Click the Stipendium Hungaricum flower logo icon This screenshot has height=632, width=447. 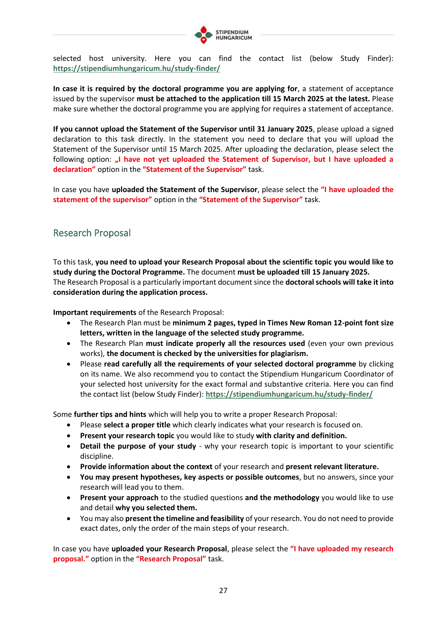[x=204, y=35]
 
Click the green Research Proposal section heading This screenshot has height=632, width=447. [x=92, y=233]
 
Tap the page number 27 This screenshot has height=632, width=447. [x=223, y=590]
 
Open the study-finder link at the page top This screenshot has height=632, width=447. [x=137, y=68]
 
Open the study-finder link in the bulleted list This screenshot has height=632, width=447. [x=289, y=394]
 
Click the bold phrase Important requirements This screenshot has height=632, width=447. [x=95, y=312]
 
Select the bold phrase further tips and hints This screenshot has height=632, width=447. [x=110, y=414]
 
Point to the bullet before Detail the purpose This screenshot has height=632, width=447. [x=69, y=446]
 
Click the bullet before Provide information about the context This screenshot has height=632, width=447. [x=69, y=467]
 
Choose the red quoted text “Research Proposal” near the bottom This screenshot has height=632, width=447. [x=171, y=559]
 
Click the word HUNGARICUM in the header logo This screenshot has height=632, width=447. [x=234, y=38]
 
